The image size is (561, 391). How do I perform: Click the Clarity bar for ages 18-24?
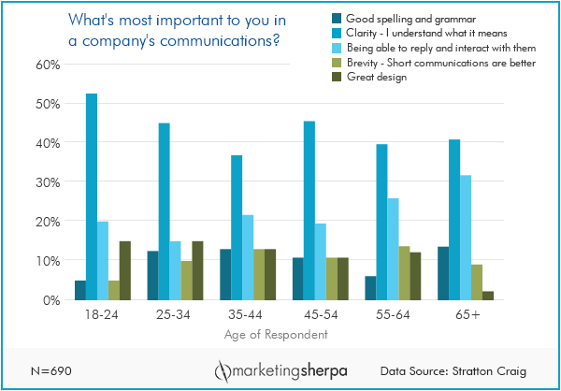[92, 196]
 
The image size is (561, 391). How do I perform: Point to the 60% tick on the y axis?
[48, 65]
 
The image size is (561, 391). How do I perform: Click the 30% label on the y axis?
[48, 182]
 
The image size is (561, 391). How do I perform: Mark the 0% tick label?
[51, 300]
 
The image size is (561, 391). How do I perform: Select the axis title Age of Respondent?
[276, 334]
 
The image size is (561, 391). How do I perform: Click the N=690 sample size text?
[47, 369]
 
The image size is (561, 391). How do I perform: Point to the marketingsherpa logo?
[277, 369]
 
